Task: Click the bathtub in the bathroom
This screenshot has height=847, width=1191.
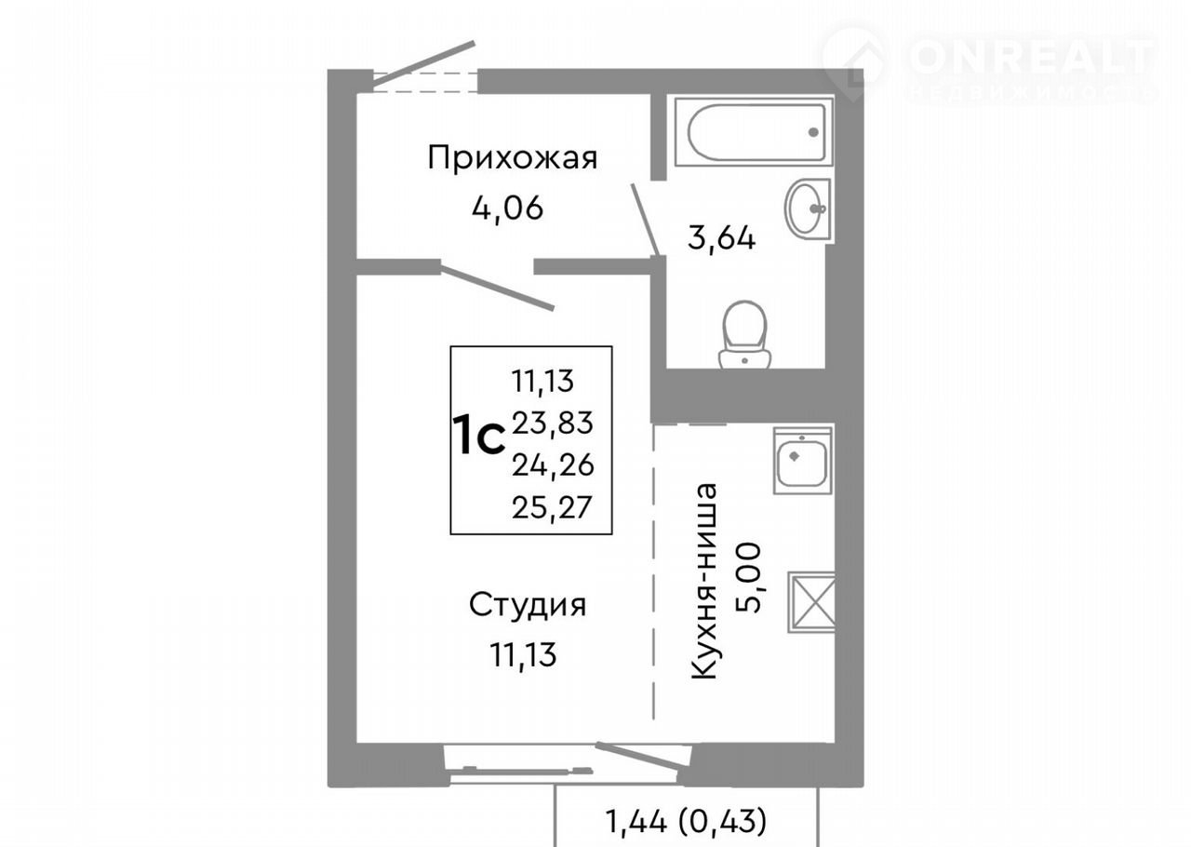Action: pyautogui.click(x=754, y=131)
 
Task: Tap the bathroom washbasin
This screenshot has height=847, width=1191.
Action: pyautogui.click(x=808, y=208)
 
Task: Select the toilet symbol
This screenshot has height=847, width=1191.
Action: pyautogui.click(x=744, y=335)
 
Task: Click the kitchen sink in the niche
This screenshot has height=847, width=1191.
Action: pyautogui.click(x=802, y=460)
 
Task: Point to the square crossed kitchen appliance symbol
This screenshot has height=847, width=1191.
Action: pyautogui.click(x=811, y=602)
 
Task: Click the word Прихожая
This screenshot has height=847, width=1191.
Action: pyautogui.click(x=513, y=158)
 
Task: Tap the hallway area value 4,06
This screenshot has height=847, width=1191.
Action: pyautogui.click(x=507, y=208)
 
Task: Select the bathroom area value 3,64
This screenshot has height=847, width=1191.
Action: pyautogui.click(x=721, y=238)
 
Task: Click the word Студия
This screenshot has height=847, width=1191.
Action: pyautogui.click(x=528, y=605)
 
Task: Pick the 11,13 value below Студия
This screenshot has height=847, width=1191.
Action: pyautogui.click(x=523, y=654)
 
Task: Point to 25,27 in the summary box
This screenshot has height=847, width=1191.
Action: pyautogui.click(x=552, y=508)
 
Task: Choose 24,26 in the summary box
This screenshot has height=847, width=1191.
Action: pyautogui.click(x=553, y=465)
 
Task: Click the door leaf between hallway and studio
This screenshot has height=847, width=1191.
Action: pyautogui.click(x=497, y=288)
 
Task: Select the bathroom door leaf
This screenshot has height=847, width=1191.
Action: pyautogui.click(x=646, y=221)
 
